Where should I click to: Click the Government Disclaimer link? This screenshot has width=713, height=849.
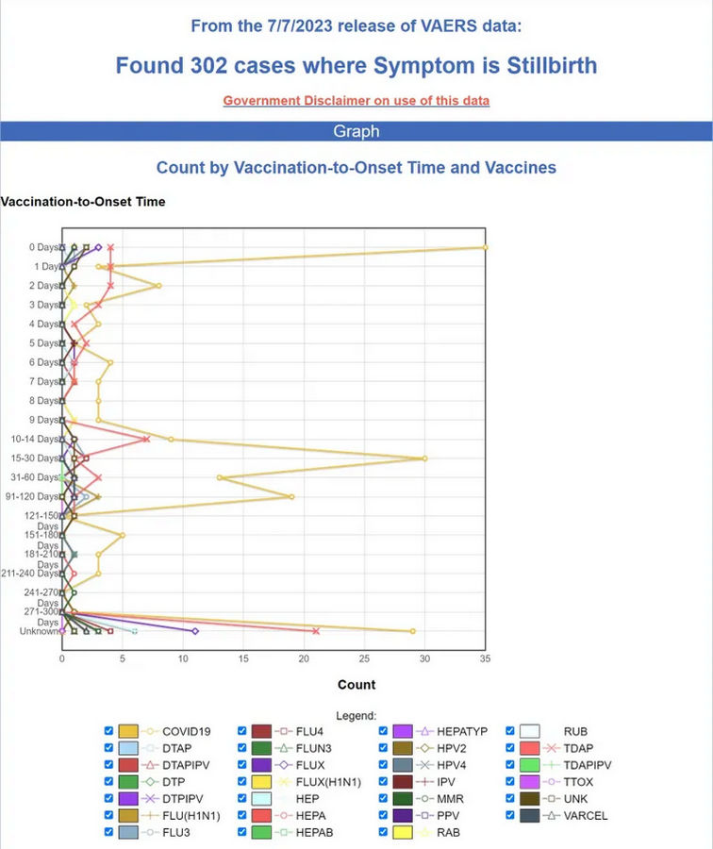click(356, 101)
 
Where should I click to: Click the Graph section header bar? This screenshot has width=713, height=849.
click(356, 131)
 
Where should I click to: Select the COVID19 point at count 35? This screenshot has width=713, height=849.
click(485, 247)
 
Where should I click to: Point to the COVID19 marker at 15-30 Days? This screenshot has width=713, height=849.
click(424, 458)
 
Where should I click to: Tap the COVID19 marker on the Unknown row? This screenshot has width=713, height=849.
click(412, 631)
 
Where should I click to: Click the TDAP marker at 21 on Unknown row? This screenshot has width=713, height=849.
click(316, 631)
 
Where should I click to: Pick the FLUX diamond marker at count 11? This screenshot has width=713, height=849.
click(195, 631)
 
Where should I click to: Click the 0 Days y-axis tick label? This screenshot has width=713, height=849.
click(42, 247)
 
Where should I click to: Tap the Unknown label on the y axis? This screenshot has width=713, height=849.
click(37, 631)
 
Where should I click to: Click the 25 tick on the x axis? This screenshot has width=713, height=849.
click(364, 658)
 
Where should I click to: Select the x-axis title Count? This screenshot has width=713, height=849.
click(356, 685)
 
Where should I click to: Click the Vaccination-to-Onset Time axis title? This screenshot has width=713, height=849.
click(83, 201)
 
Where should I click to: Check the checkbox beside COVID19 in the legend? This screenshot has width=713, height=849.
click(108, 731)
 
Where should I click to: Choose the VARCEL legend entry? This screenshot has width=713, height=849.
click(585, 816)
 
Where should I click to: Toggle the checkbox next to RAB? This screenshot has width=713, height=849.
click(384, 833)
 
